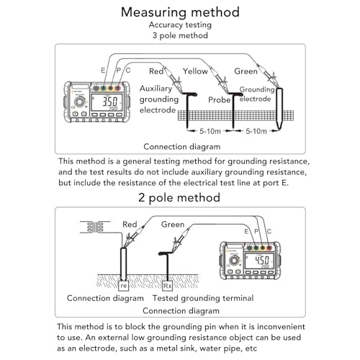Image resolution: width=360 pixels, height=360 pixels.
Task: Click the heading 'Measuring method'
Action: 180,12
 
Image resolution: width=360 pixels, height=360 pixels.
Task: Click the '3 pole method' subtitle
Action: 180,35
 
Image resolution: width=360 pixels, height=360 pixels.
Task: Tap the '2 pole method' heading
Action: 179,197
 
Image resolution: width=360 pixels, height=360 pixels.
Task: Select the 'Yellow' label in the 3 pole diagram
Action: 195,71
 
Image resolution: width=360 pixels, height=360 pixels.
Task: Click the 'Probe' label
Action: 220,99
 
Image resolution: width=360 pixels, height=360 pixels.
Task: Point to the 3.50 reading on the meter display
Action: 110,102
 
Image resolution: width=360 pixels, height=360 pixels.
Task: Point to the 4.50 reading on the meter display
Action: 261,260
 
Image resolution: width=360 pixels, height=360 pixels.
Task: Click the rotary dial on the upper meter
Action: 78,102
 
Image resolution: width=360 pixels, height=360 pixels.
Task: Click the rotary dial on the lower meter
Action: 233,261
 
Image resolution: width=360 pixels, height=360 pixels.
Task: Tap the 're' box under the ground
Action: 123,286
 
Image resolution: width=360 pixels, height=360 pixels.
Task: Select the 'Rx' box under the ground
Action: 167,286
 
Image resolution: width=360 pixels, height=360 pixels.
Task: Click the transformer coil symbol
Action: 95,227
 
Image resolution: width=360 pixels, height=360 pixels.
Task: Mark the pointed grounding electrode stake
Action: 279,109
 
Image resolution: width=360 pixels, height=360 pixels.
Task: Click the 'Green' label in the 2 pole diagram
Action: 173,225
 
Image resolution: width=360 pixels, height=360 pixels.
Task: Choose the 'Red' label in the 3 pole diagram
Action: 156,71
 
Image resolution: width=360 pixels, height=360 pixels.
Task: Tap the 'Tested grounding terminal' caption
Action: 203,298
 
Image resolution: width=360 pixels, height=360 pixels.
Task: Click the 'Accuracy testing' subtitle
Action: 180,24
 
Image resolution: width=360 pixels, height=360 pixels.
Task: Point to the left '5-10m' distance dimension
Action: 210,131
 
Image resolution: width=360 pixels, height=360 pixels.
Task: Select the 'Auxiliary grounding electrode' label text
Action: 159,99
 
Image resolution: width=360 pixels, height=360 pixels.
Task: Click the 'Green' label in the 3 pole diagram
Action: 246,71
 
